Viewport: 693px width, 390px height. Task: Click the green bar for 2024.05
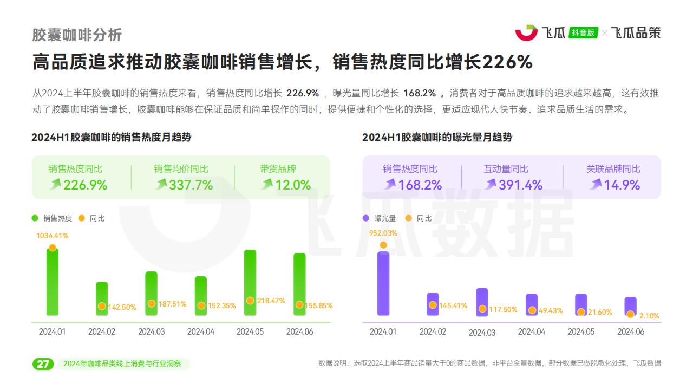tap(250, 282)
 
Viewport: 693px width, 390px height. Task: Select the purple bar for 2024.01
tap(383, 283)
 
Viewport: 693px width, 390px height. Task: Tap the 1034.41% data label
tap(53, 236)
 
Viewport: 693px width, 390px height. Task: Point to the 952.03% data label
tap(383, 233)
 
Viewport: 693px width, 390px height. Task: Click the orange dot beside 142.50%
tap(102, 307)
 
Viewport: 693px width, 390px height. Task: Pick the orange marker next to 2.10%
tap(630, 314)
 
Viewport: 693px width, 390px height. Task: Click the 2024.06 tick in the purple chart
tap(631, 331)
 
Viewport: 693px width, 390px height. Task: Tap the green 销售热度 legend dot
tap(35, 218)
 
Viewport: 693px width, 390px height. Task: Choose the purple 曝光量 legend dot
tap(366, 218)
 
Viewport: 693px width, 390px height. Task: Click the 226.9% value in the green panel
tap(85, 185)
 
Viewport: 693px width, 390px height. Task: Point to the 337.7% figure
tap(191, 185)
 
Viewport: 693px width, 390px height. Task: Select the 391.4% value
tap(520, 185)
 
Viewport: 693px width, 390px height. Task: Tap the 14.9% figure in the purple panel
tap(622, 185)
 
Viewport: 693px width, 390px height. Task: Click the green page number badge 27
tap(43, 363)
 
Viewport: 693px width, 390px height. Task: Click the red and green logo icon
tap(526, 32)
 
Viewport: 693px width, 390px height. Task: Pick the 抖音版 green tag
tap(583, 32)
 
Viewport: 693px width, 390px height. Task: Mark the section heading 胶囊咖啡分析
tap(77, 35)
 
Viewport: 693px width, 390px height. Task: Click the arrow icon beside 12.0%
tap(267, 185)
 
